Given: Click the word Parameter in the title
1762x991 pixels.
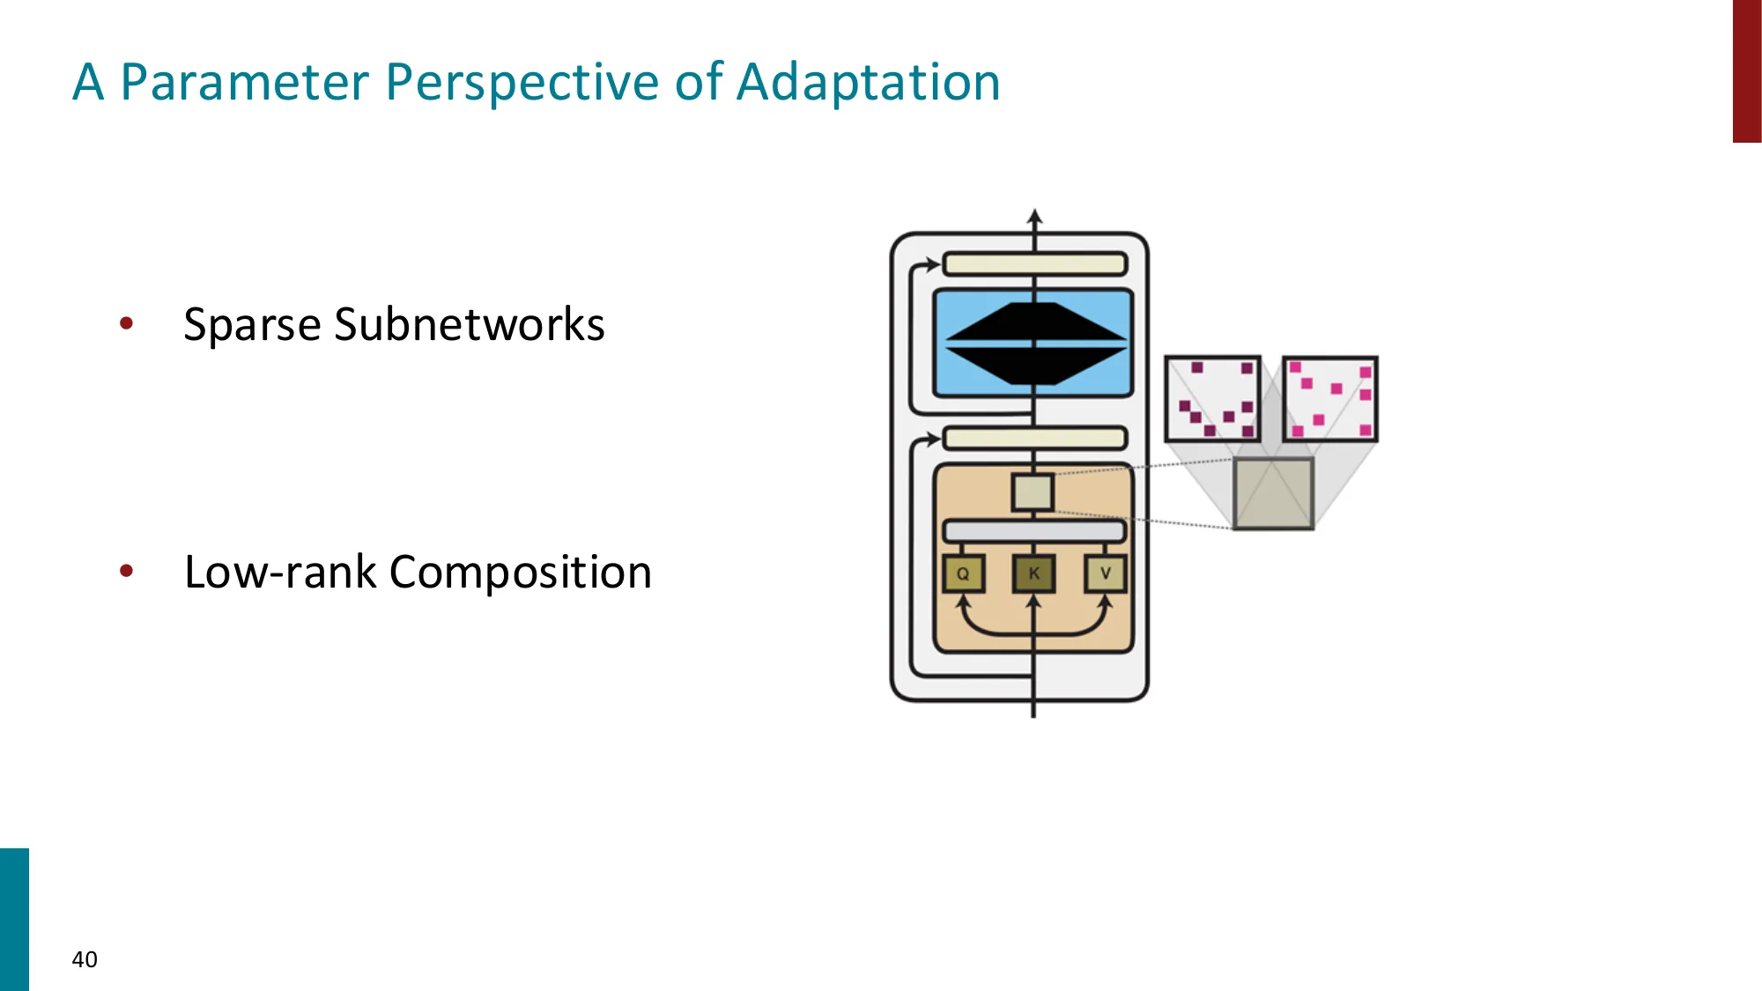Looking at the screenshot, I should click(x=244, y=83).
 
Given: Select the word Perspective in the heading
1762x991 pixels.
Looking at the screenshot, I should click(x=522, y=83).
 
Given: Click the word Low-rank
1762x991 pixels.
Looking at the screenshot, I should click(x=280, y=573).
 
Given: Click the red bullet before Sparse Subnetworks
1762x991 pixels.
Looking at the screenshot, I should click(x=127, y=323).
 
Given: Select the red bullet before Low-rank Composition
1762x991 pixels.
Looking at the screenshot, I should click(x=127, y=571).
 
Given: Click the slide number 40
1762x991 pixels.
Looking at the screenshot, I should click(x=85, y=959).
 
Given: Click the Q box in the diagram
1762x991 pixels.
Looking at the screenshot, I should click(x=963, y=574).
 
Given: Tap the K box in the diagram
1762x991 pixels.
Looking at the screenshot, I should click(x=1033, y=574).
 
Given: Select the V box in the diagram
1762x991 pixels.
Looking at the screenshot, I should click(x=1105, y=574).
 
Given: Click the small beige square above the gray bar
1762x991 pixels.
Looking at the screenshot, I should click(x=1033, y=492).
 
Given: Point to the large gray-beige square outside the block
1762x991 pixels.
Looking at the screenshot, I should click(x=1273, y=493).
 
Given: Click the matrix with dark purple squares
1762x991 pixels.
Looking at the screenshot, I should click(x=1212, y=399).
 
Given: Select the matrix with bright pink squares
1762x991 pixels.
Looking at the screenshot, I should click(x=1329, y=399).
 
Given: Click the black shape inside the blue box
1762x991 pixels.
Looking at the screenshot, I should click(x=1034, y=344).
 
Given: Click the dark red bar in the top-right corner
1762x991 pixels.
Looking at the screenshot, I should click(x=1746, y=70).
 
